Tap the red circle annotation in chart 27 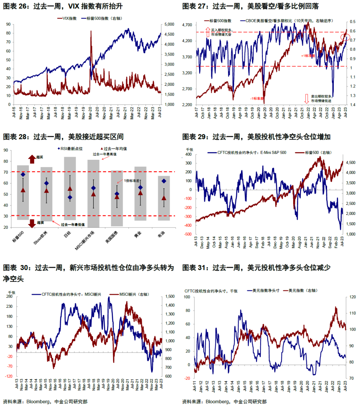point(345,36)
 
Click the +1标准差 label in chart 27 point(308,56)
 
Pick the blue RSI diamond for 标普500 point(23,174)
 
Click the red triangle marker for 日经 point(70,189)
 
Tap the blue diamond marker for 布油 point(164,181)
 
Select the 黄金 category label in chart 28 point(138,235)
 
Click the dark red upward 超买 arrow point(32,159)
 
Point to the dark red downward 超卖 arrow point(32,223)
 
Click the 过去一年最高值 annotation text point(105,154)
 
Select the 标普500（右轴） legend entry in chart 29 point(318,153)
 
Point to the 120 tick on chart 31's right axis point(353,297)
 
